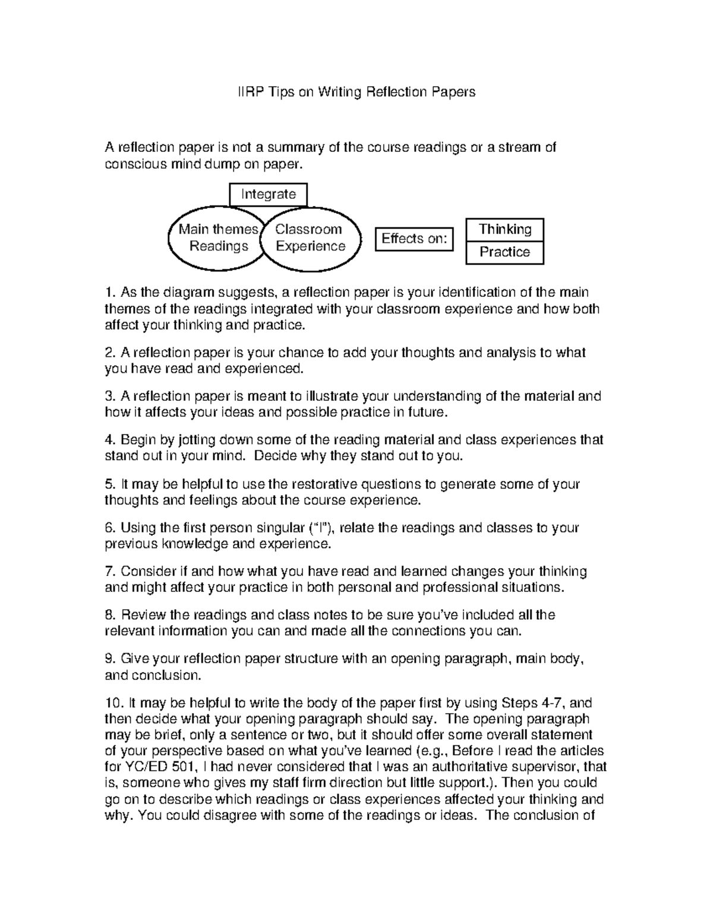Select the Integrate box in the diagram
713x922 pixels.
pos(268,194)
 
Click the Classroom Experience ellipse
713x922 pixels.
pos(312,238)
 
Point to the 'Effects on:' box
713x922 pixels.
pos(414,239)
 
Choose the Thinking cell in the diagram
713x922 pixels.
pos(504,229)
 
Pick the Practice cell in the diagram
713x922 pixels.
pos(504,252)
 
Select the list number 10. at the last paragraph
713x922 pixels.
pos(114,704)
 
